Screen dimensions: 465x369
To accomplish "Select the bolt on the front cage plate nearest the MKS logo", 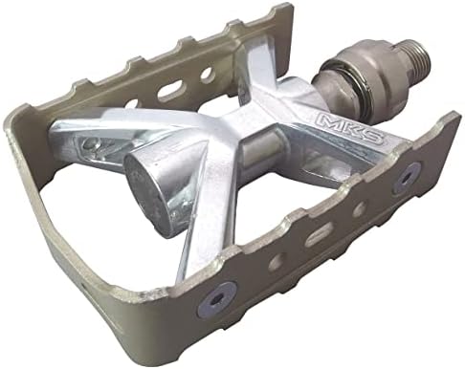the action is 408,178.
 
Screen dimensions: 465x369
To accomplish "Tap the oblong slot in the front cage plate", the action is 318,235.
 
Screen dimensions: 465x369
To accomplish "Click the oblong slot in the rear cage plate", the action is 171,90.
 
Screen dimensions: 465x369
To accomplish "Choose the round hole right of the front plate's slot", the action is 361,208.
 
